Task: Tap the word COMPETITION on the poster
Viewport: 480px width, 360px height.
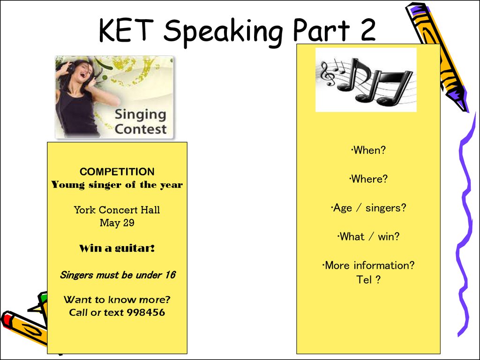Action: (x=117, y=172)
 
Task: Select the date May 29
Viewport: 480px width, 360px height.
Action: (x=117, y=223)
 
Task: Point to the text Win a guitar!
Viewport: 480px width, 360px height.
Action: (x=117, y=248)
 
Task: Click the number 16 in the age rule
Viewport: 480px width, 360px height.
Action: (x=170, y=275)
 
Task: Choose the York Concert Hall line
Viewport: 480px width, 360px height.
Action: (x=117, y=210)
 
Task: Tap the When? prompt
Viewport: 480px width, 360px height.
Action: (x=368, y=150)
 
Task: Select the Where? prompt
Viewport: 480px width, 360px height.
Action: (x=368, y=179)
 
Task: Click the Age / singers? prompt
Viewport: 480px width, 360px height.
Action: (x=368, y=208)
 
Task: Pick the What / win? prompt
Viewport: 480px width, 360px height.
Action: (x=368, y=237)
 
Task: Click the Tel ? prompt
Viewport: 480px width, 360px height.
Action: (x=368, y=279)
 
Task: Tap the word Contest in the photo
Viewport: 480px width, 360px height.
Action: (x=141, y=129)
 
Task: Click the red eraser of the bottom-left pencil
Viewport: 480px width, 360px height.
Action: (x=6, y=320)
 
